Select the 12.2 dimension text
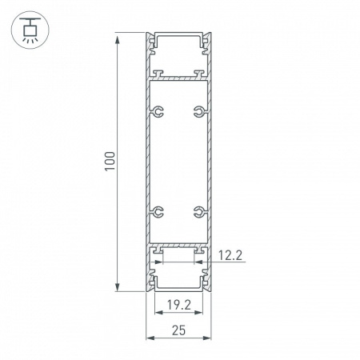[229, 256]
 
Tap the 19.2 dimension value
[179, 305]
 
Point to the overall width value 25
[179, 329]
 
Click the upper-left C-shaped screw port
[159, 110]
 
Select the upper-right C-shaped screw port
[198, 110]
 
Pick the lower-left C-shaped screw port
[159, 212]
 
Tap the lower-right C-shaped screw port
[198, 212]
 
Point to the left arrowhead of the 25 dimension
[148, 339]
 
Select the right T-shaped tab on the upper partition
[196, 77]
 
